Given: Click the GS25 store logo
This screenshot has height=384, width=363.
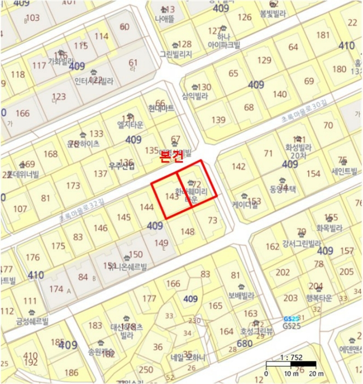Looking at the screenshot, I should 291,319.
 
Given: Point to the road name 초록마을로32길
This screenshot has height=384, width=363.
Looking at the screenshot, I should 82,211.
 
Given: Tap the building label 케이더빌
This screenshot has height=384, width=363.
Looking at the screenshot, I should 245,205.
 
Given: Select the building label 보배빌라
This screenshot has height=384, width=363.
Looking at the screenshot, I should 241,295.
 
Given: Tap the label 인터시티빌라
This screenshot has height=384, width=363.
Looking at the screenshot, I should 94,81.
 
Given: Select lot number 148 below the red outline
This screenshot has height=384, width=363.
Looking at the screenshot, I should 187,231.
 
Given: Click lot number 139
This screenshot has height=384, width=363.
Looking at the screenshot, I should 218,120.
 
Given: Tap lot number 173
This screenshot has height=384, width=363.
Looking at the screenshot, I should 73,185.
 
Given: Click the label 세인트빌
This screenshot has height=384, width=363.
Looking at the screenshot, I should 343,171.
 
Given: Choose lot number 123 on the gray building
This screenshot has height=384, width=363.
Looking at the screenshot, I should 59,97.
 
